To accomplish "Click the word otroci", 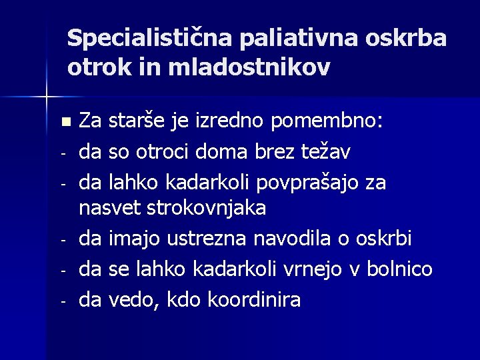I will pos(160,152).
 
